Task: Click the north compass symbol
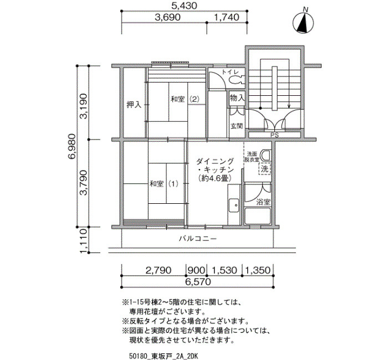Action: point(303,23)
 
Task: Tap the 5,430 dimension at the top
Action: point(185,6)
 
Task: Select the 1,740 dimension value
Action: point(226,17)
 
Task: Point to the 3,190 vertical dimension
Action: point(84,106)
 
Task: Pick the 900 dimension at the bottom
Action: point(196,270)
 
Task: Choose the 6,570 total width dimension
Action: point(197,281)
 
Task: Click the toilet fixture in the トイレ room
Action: point(237,80)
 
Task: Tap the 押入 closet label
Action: point(134,105)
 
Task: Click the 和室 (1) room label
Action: point(164,184)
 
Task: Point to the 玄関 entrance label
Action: point(237,126)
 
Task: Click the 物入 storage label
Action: point(237,98)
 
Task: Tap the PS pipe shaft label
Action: point(275,135)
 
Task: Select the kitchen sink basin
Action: point(234,205)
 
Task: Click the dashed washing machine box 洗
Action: point(265,169)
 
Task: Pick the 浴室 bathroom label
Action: point(263,202)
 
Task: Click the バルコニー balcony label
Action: point(198,239)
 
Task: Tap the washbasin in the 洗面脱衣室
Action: point(266,155)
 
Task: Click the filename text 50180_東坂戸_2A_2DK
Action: point(164,356)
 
